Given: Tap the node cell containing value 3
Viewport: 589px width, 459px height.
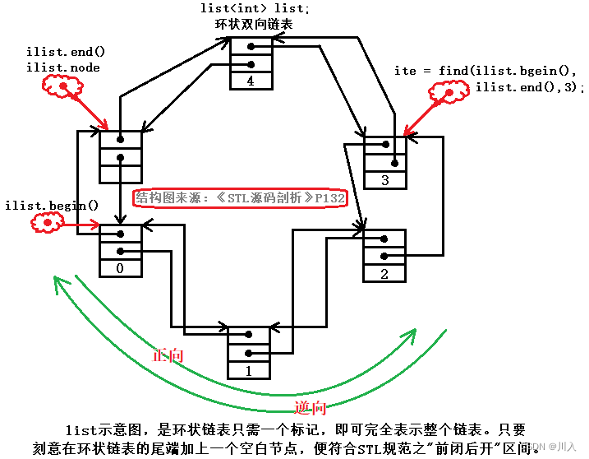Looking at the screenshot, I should tap(385, 180).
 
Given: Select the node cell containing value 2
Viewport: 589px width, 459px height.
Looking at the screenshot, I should tap(384, 274).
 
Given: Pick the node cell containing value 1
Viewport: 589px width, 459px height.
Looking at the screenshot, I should tap(249, 371).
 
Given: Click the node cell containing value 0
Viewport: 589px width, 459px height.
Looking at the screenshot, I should tap(121, 268).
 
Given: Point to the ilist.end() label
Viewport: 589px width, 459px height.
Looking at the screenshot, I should tap(65, 52).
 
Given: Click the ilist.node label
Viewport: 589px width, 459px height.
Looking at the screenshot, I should tap(62, 67).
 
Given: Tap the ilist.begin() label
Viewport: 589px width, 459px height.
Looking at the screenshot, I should tap(51, 205).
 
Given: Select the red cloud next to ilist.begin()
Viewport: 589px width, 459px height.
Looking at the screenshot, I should tap(48, 223).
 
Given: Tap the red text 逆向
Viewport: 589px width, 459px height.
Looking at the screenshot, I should tap(311, 407).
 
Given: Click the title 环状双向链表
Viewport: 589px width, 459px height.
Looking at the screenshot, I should tap(253, 24).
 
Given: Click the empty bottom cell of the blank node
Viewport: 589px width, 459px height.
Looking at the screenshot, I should tap(121, 174).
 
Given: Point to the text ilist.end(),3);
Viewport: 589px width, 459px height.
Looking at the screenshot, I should tap(528, 86).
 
